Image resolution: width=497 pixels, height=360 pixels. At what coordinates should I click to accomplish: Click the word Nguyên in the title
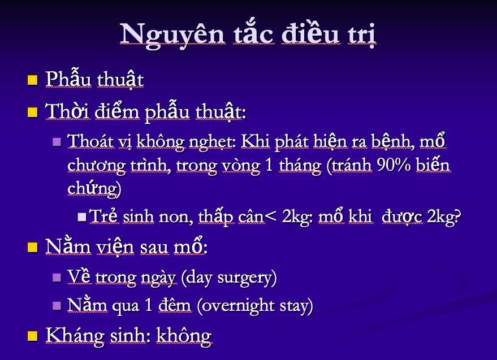pos(173,35)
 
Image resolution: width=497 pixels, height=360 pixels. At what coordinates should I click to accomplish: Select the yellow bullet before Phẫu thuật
pos(33,80)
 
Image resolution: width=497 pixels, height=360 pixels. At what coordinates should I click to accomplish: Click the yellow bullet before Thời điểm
pos(33,112)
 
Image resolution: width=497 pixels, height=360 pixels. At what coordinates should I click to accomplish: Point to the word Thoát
pos(90,141)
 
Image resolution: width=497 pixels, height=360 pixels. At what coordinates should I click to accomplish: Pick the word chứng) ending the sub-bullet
pos(94,189)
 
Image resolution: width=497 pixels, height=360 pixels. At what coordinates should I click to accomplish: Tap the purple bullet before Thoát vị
pos(57,142)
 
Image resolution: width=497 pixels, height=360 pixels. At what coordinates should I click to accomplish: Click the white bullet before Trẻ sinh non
pos(82,217)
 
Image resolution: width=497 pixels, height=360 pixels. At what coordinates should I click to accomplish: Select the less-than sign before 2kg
pos(270,217)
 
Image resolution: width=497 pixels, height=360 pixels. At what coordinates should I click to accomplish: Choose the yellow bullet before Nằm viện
pos(33,247)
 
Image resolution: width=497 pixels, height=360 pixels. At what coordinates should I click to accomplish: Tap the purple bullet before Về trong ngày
pos(57,278)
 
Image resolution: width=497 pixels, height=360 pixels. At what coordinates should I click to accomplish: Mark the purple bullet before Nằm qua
pos(57,306)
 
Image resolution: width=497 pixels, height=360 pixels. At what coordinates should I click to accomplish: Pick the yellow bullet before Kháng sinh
pos(33,336)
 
